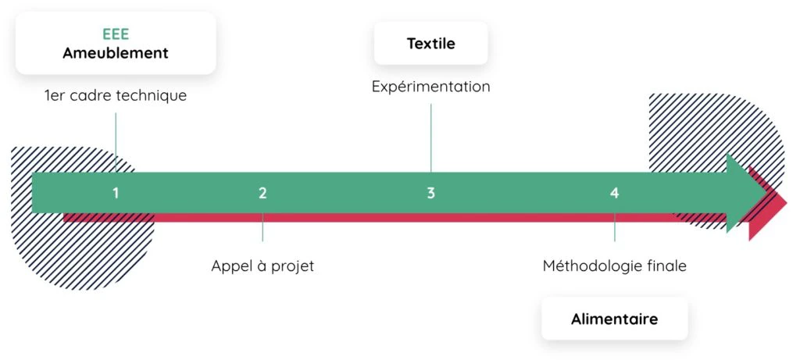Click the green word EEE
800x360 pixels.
(x=115, y=34)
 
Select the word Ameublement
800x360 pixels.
(x=115, y=53)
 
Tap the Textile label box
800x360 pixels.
(x=430, y=43)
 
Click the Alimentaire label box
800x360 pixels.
(x=614, y=319)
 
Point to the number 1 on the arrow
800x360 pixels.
(x=116, y=193)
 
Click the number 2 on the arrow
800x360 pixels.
(x=262, y=193)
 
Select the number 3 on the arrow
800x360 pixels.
(x=430, y=193)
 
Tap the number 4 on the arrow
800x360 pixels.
(x=614, y=193)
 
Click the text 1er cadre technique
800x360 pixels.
(x=116, y=96)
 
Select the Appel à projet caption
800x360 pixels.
(x=262, y=266)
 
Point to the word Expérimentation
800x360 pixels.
(x=430, y=87)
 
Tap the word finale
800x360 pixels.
(x=666, y=266)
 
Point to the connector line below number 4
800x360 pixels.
(x=614, y=227)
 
